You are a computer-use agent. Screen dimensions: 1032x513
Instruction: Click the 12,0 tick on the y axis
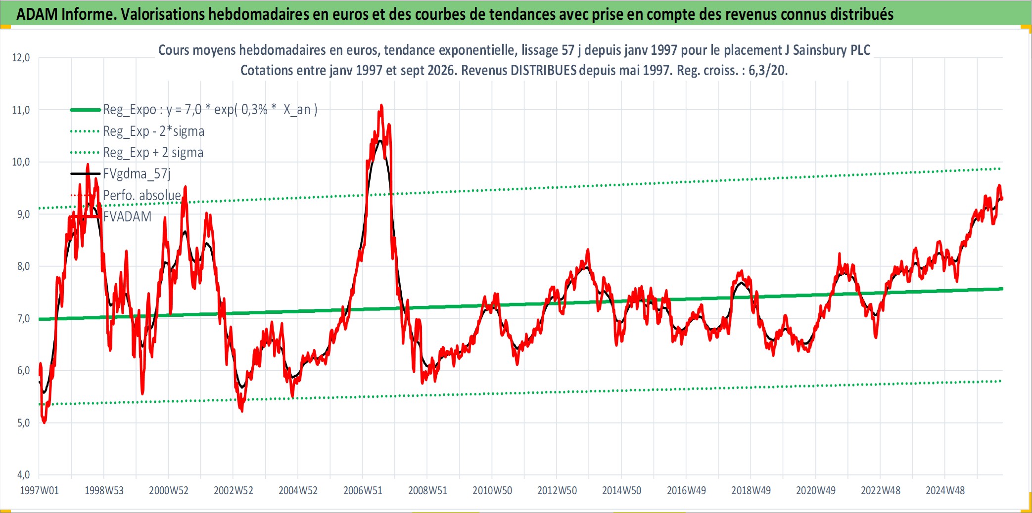pos(21,58)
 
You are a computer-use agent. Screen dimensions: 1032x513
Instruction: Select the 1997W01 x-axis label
pos(39,491)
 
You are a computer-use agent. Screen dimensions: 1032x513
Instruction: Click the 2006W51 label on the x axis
pos(363,491)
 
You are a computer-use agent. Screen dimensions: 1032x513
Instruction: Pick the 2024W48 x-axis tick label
pos(945,491)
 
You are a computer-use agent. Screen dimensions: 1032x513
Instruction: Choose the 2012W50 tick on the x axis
pos(557,491)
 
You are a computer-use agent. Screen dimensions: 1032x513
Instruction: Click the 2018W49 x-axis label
pos(751,491)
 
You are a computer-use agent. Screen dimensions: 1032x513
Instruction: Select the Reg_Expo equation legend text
pos(210,110)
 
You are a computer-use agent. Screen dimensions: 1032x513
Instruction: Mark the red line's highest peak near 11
pos(381,105)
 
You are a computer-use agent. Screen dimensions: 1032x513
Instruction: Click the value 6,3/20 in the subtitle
pos(766,70)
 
